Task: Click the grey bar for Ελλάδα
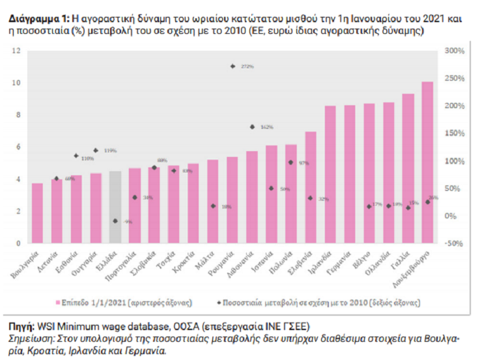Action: point(115,207)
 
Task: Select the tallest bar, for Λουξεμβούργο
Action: point(427,163)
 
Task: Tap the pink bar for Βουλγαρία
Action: point(37,214)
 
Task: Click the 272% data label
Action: point(247,66)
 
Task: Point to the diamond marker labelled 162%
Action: point(252,127)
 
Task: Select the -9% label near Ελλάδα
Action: point(128,221)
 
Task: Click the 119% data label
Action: point(109,150)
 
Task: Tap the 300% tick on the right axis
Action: point(453,51)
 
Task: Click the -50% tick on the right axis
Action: point(453,243)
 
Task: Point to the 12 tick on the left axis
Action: point(17,51)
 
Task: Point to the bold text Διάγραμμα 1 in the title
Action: point(36,20)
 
